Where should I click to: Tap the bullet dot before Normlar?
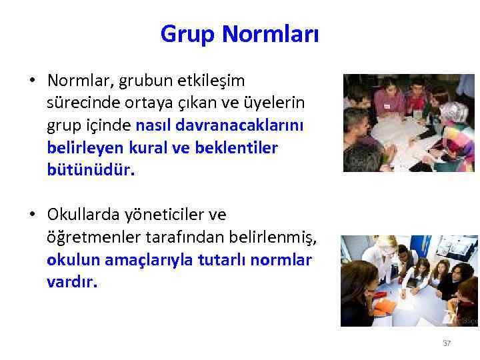[32, 81]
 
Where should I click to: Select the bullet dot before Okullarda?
[32, 215]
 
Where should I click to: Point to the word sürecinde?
[79, 103]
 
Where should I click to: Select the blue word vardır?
[72, 281]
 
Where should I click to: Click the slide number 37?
[447, 343]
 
